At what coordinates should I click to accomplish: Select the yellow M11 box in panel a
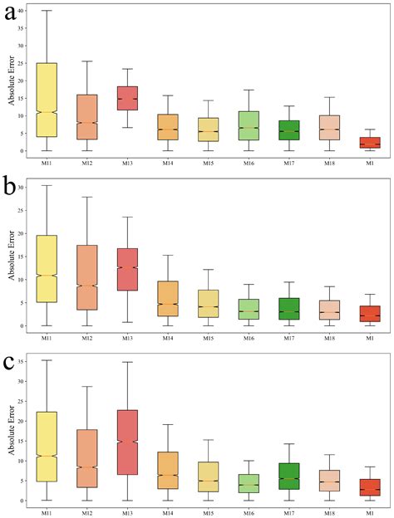(47, 100)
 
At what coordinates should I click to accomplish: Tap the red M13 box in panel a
(127, 98)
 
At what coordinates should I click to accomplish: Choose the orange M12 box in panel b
(87, 277)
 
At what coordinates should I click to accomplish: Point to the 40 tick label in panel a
(21, 11)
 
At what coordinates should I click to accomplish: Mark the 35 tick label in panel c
(21, 361)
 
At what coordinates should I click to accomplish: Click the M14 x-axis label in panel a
(167, 164)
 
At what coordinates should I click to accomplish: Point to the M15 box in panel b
(207, 303)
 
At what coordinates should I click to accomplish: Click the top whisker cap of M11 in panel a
(47, 11)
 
